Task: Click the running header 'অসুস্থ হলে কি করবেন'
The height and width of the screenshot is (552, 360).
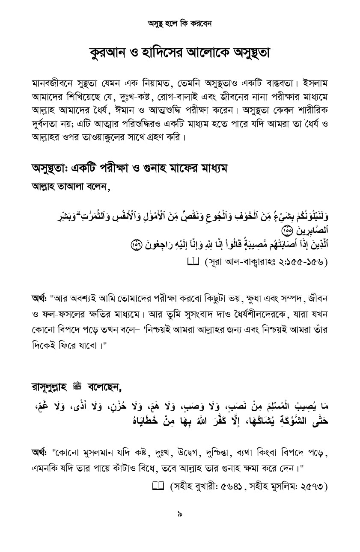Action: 180,23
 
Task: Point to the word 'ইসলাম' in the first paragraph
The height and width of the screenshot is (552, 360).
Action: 315,82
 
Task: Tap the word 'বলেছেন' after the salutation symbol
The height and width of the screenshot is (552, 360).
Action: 104,388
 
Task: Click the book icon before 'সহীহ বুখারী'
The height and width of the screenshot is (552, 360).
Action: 158,486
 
